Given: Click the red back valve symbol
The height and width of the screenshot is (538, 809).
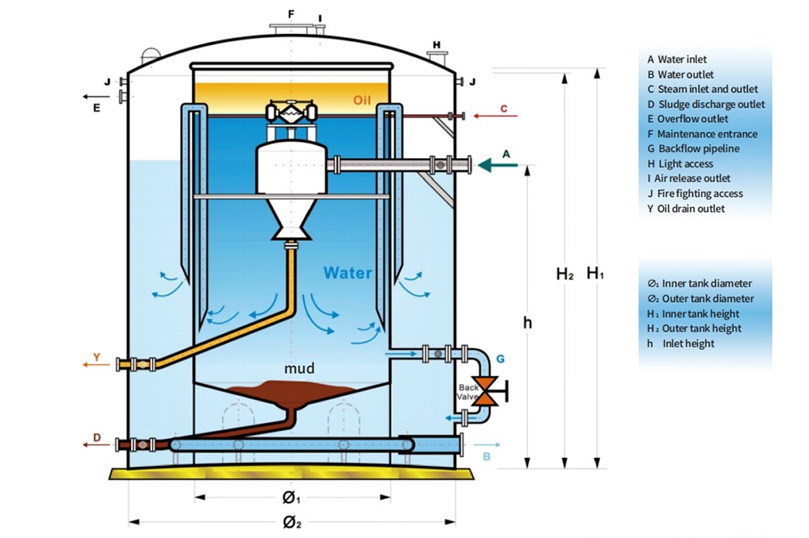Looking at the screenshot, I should click(491, 390).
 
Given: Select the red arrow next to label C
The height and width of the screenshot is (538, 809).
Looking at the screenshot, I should click(495, 115).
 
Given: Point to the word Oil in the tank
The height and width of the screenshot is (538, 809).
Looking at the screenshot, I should click(362, 100).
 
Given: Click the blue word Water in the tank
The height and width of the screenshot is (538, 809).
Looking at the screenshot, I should click(347, 273).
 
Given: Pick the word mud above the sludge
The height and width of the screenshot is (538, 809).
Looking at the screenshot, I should click(299, 368).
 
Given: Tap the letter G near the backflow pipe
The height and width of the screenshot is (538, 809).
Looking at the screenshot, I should click(500, 359).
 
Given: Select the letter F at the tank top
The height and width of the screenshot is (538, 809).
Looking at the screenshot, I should click(291, 14).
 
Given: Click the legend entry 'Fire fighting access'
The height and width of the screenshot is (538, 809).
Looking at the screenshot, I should click(700, 194).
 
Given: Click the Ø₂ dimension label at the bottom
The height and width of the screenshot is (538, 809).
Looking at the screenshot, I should click(291, 523).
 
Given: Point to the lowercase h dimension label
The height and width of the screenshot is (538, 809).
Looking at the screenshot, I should click(527, 322).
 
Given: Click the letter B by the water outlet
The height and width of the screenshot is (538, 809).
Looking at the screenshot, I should click(485, 456).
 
